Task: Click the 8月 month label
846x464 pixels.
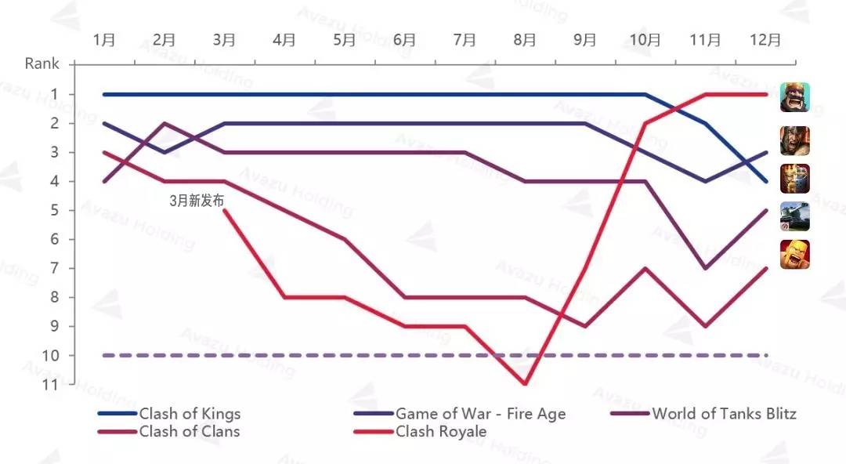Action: pyautogui.click(x=525, y=40)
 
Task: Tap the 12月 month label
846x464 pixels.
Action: pyautogui.click(x=765, y=40)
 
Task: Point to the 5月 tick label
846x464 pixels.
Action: pyautogui.click(x=345, y=40)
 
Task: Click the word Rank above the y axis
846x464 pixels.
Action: pyautogui.click(x=42, y=63)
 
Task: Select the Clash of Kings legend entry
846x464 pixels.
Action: pyautogui.click(x=190, y=414)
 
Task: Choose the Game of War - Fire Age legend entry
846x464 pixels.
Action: pyautogui.click(x=480, y=414)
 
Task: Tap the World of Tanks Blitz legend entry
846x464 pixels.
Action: pyautogui.click(x=724, y=414)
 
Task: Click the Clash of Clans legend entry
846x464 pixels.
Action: pyautogui.click(x=190, y=431)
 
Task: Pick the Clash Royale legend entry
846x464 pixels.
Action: pyautogui.click(x=441, y=431)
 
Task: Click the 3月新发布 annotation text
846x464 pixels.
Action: pyautogui.click(x=197, y=201)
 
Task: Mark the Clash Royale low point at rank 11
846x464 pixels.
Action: pyautogui.click(x=525, y=384)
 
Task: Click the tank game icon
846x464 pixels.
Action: pyautogui.click(x=795, y=216)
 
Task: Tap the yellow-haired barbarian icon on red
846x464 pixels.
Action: pyautogui.click(x=795, y=254)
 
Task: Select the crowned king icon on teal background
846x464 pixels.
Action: pyautogui.click(x=795, y=97)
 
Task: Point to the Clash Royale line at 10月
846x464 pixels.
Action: pyautogui.click(x=645, y=123)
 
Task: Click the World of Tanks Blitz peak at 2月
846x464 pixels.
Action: pyautogui.click(x=164, y=123)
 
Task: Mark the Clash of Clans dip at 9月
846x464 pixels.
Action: pyautogui.click(x=585, y=326)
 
